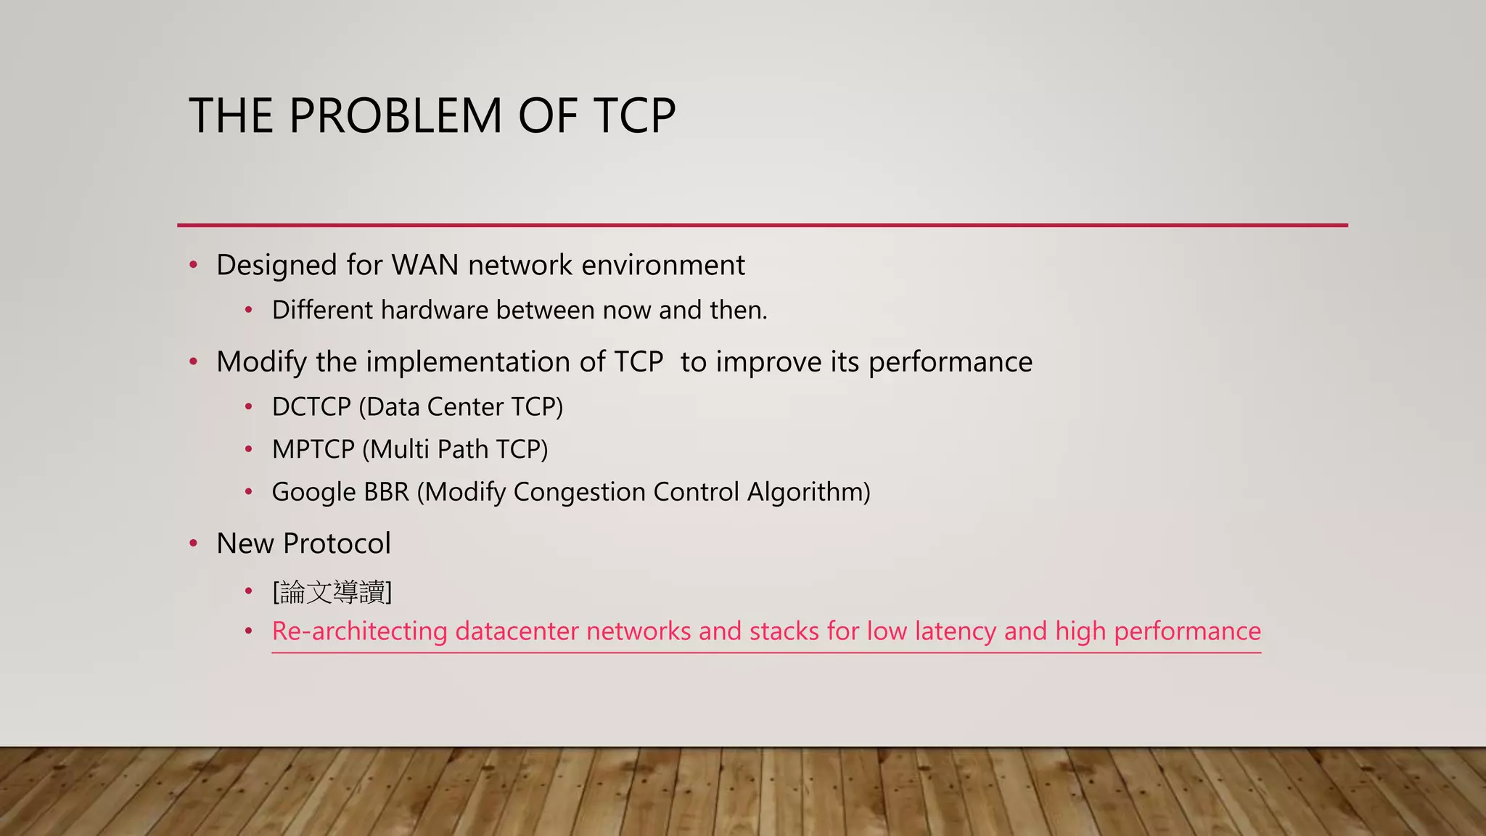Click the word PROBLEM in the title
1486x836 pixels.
(395, 116)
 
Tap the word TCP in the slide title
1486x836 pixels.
(634, 116)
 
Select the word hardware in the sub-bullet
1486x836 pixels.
(434, 311)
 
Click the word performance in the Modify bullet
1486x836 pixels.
(950, 362)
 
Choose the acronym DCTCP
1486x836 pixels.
(311, 407)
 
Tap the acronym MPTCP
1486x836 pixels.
(313, 450)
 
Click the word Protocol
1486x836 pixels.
(337, 544)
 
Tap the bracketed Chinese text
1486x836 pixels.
(332, 592)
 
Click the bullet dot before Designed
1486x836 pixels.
(193, 266)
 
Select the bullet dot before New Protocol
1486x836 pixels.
(193, 544)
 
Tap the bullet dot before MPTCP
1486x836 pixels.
(248, 450)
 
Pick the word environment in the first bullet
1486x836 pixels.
(662, 266)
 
